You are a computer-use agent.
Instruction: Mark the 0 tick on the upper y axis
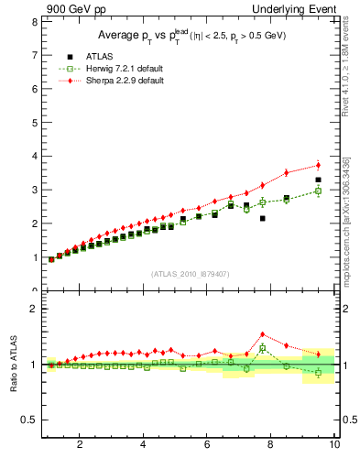(36, 290)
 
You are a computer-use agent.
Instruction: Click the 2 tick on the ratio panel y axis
(36, 309)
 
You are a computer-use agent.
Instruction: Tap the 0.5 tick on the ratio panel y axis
(32, 420)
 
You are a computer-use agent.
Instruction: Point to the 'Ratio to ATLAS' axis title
(14, 365)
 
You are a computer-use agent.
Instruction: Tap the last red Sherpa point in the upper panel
(318, 165)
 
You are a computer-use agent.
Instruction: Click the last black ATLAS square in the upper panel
(318, 180)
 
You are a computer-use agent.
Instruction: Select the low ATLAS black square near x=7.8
(262, 219)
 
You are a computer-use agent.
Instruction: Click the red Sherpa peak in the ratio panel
(262, 334)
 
